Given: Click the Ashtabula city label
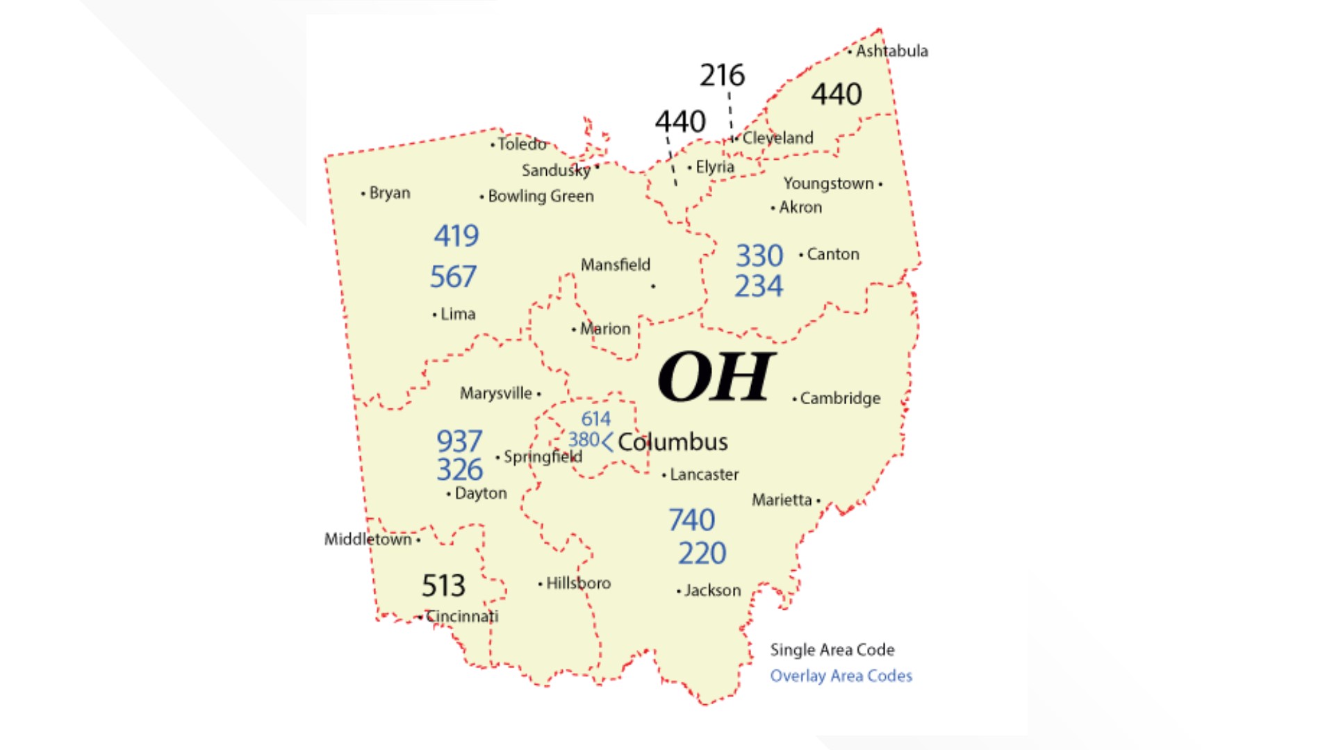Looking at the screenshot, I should pyautogui.click(x=891, y=51).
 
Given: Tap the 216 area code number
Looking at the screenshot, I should pyautogui.click(x=722, y=75).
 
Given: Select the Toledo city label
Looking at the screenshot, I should pyautogui.click(x=522, y=144).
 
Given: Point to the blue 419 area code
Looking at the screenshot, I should pyautogui.click(x=456, y=236).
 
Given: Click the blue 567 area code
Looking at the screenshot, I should pyautogui.click(x=453, y=276).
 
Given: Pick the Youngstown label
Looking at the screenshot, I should pyautogui.click(x=828, y=184).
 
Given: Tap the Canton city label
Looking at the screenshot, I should pyautogui.click(x=832, y=254).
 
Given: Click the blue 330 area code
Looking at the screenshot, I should pyautogui.click(x=759, y=256).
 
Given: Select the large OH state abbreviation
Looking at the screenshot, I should pyautogui.click(x=716, y=376).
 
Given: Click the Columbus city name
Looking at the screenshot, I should pyautogui.click(x=672, y=442).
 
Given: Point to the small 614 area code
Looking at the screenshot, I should pyautogui.click(x=595, y=419).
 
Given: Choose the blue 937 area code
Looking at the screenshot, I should pyautogui.click(x=459, y=441).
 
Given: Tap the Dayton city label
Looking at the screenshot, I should pyautogui.click(x=480, y=493).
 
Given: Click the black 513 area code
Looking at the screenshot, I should pyautogui.click(x=443, y=585).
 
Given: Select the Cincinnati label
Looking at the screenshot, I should pyautogui.click(x=461, y=616).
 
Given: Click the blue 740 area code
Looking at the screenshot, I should pyautogui.click(x=691, y=519).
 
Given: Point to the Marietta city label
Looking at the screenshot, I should pyautogui.click(x=782, y=500).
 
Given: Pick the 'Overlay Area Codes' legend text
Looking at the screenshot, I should pyautogui.click(x=841, y=676).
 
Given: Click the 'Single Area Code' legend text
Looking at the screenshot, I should pyautogui.click(x=832, y=650).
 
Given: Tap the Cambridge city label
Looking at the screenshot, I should pyautogui.click(x=839, y=399).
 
